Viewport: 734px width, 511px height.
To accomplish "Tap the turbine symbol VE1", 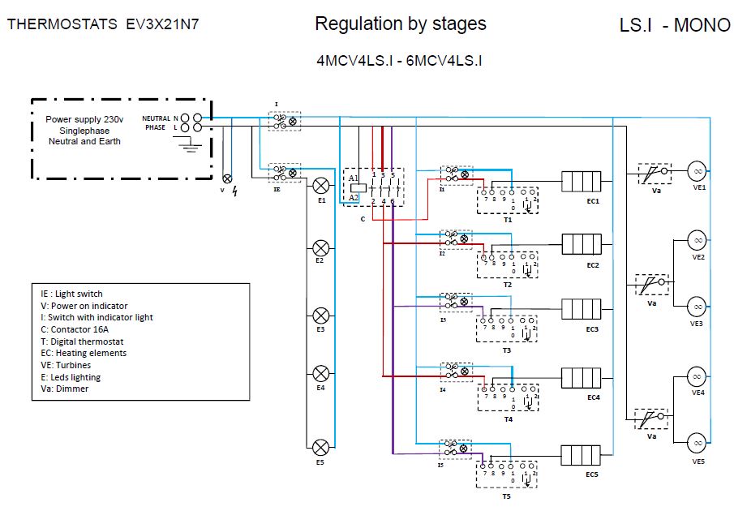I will point(696,170).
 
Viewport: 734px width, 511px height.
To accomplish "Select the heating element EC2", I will point(581,244).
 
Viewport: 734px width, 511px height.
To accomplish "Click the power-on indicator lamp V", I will point(227,178).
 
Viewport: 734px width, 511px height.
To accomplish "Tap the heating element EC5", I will point(581,455).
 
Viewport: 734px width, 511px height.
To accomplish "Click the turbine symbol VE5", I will point(696,442).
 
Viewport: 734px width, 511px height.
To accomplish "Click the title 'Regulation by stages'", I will point(401,24).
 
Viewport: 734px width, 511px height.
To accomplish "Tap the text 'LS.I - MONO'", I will point(675,25).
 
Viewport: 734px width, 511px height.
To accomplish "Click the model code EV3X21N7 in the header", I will point(162,24).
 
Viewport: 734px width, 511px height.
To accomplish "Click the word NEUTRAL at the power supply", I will point(156,118).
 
